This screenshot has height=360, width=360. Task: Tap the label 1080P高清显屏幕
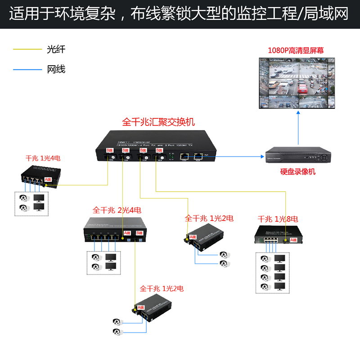[296, 50]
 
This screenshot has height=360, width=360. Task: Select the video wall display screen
[297, 83]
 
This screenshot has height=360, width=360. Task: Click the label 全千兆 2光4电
[117, 210]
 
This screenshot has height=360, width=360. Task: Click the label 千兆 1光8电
[278, 219]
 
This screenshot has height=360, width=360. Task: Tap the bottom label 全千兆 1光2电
[162, 288]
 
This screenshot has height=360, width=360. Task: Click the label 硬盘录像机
[297, 171]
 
